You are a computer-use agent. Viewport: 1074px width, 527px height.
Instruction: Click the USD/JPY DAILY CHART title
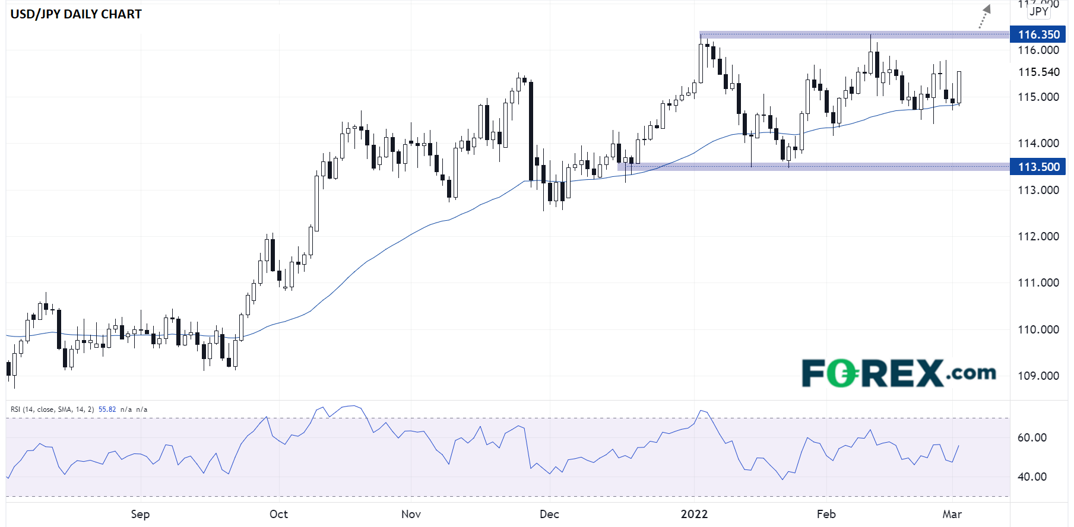[76, 14]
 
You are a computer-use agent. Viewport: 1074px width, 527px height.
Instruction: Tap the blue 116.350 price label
[1038, 34]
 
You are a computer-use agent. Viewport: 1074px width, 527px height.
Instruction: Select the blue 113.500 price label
[1038, 167]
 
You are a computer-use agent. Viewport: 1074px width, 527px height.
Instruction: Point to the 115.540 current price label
[1038, 72]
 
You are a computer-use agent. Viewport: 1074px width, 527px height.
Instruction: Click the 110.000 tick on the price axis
[1038, 329]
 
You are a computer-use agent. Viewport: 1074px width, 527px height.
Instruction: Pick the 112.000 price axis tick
[1038, 236]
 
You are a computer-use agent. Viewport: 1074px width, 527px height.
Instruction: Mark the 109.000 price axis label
[1038, 376]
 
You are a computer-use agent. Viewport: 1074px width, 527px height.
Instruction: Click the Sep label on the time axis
[140, 514]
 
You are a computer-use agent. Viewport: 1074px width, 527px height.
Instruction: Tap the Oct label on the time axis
[278, 514]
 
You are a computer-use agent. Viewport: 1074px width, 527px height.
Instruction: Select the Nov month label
[411, 514]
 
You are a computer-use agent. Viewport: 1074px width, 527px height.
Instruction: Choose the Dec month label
[549, 514]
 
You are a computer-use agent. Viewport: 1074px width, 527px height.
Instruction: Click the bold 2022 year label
[694, 514]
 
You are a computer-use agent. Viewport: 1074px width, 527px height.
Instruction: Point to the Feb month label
[826, 514]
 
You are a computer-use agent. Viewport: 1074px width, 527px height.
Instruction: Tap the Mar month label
[952, 514]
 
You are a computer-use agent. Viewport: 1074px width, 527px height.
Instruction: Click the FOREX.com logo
[898, 373]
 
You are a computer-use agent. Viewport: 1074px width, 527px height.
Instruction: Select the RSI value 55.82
[107, 409]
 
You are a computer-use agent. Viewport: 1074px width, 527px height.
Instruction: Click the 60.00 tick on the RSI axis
[1032, 437]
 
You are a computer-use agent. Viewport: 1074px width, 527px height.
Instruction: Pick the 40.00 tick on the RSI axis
[1032, 477]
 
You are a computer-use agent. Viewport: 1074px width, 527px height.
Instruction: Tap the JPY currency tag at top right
[1038, 11]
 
